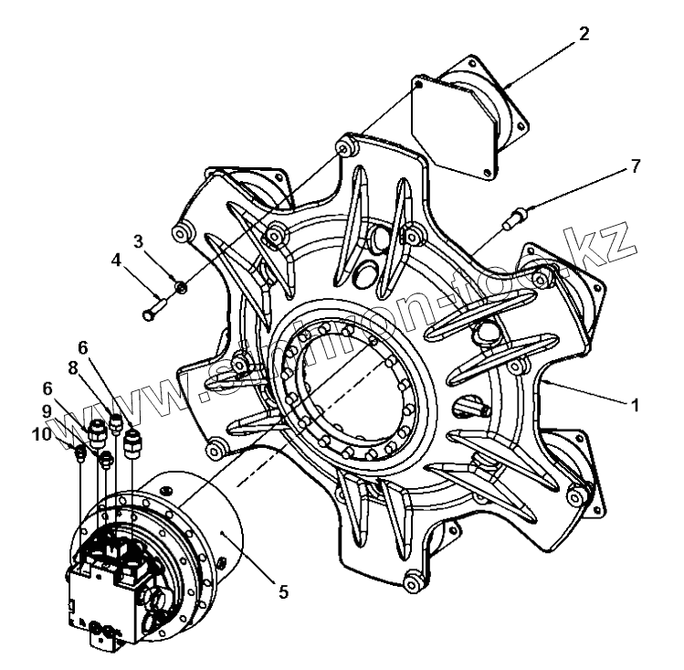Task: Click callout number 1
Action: [631, 402]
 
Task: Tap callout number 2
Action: [584, 34]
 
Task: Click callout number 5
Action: [284, 592]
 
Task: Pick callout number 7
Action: [635, 166]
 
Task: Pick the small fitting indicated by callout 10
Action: [81, 452]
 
